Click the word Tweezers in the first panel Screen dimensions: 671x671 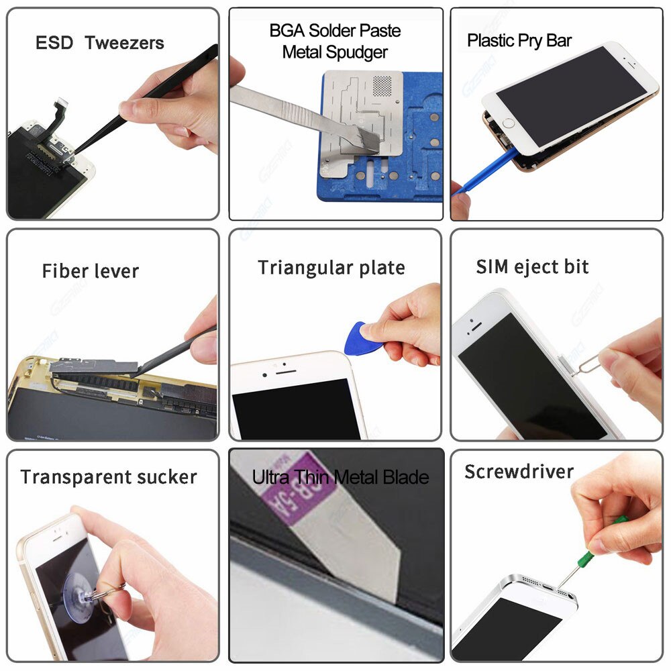(125, 44)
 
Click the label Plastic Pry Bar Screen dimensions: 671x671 (519, 40)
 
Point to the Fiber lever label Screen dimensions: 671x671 (90, 271)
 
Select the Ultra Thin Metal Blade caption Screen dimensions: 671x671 (340, 477)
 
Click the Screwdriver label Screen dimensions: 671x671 (519, 471)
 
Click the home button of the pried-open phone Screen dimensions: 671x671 (509, 123)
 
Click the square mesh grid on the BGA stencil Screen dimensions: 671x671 (380, 85)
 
